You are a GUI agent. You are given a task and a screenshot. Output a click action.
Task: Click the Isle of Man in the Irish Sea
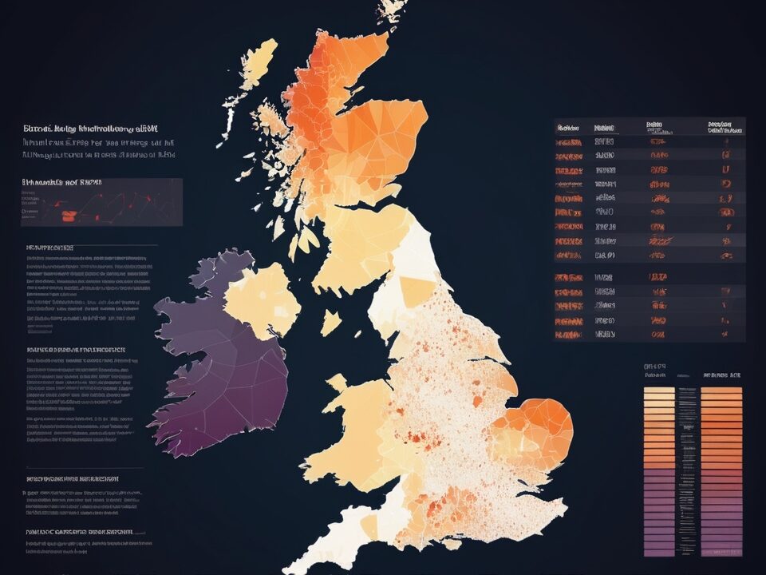coord(330,323)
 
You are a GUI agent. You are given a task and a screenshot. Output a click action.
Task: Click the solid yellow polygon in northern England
coord(417,291)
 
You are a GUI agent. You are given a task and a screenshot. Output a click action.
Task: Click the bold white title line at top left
coord(90,128)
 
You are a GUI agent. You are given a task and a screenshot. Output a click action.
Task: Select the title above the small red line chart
coord(62,183)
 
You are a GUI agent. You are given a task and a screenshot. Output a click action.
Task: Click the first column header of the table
coord(568,127)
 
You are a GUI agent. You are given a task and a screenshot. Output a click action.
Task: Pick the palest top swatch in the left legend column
coord(659,391)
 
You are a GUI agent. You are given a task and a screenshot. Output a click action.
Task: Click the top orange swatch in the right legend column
coord(721,391)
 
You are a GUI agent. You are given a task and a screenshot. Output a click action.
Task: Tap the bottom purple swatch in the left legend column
coord(659,551)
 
